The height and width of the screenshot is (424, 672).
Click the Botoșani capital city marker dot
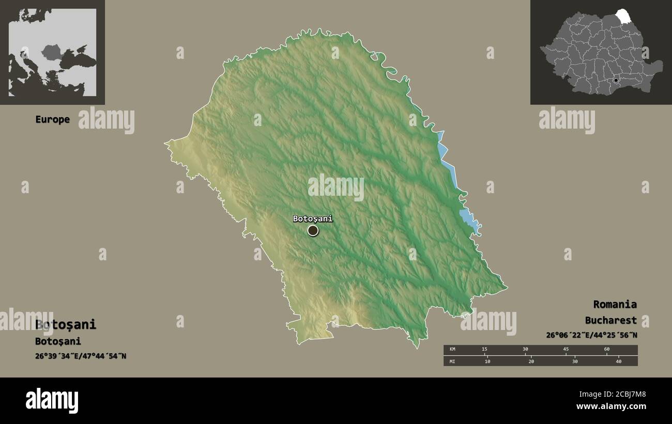point(313,230)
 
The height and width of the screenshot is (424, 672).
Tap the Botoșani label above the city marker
point(313,218)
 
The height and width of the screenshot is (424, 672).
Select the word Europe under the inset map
point(52,119)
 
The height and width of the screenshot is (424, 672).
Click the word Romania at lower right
point(615,304)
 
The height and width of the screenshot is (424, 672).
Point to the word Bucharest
point(610,320)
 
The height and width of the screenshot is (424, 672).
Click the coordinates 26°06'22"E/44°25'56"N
point(591,335)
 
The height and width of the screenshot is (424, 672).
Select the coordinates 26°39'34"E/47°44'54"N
point(81,356)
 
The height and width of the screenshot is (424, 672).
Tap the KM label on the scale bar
point(453,350)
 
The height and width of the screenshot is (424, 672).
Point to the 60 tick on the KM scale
point(606,350)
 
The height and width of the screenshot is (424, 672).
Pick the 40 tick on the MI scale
point(618,361)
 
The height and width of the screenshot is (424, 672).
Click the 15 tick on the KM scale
point(484,350)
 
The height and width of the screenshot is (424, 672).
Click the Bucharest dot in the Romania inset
point(616,81)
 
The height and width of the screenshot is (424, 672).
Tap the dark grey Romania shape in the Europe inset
point(52,52)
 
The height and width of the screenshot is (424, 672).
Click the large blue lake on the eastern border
point(468,218)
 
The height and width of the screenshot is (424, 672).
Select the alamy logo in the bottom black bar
point(52,401)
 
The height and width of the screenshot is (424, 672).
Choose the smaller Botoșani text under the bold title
point(58,341)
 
